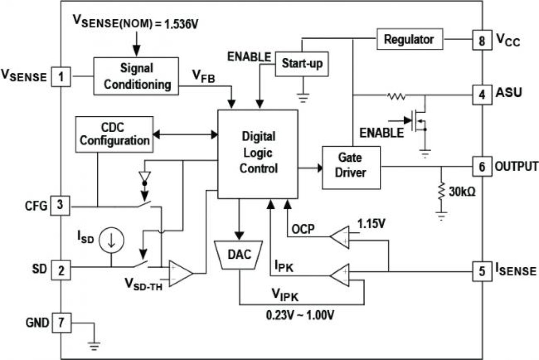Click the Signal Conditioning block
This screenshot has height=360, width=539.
(136, 76)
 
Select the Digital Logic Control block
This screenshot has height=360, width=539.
(258, 154)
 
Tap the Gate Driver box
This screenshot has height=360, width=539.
(351, 167)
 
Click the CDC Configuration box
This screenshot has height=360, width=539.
(114, 134)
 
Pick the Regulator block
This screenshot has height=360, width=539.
(409, 39)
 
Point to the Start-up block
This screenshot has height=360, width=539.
(302, 64)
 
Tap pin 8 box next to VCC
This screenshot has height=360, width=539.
(482, 40)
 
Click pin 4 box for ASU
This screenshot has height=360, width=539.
(482, 93)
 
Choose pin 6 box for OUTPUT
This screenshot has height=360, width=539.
(482, 166)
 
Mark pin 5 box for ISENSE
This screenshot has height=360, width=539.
(482, 271)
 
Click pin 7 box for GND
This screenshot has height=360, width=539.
(61, 322)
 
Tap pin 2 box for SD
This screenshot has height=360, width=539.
(61, 270)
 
